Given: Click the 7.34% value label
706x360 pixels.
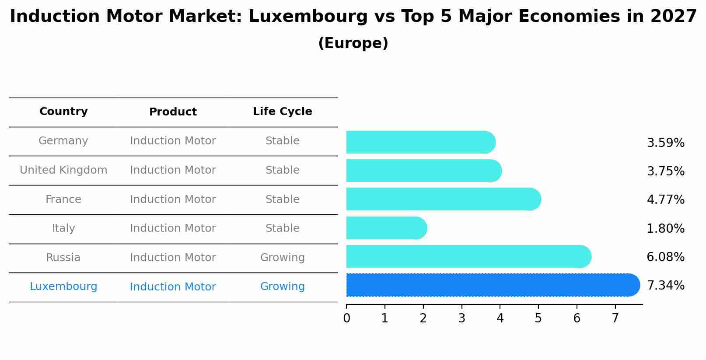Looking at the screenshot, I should click(665, 286).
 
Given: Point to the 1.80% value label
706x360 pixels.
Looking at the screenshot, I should click(665, 228).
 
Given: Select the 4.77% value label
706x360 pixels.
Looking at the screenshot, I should click(665, 200).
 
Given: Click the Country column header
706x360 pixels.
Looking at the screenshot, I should click(63, 112).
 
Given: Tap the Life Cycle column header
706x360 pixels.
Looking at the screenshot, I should click(282, 112).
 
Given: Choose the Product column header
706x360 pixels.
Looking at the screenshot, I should click(173, 112).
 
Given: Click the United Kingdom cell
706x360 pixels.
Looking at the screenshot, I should click(63, 170).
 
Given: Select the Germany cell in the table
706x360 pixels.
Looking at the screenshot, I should click(63, 141).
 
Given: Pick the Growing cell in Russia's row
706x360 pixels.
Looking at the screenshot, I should click(282, 258).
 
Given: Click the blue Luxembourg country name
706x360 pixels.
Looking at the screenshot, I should click(63, 287).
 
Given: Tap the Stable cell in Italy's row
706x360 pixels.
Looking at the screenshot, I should click(282, 228).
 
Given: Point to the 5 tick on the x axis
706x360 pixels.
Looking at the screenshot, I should click(538, 318).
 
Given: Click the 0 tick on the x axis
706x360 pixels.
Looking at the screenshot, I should click(346, 318).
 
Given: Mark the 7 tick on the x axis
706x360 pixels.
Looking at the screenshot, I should click(615, 318).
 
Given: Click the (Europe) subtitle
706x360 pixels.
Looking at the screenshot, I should click(353, 43).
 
